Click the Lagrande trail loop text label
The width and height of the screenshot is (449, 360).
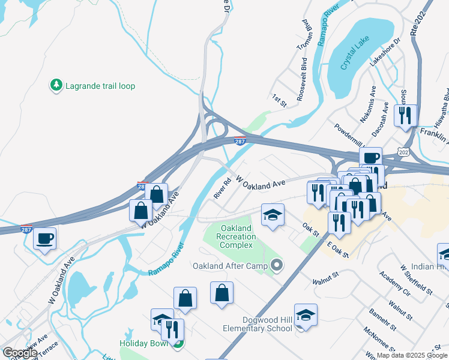point(101,86)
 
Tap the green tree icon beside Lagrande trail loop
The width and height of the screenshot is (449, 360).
point(56,86)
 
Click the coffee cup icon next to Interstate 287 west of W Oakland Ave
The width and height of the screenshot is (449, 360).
point(45,239)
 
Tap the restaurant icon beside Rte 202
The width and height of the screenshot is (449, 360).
point(406,114)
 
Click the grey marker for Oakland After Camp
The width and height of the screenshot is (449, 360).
point(276,264)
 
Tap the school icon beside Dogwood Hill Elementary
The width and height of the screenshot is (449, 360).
point(306,315)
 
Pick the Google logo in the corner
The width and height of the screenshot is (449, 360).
point(20,353)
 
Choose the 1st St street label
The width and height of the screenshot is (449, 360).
point(279,100)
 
